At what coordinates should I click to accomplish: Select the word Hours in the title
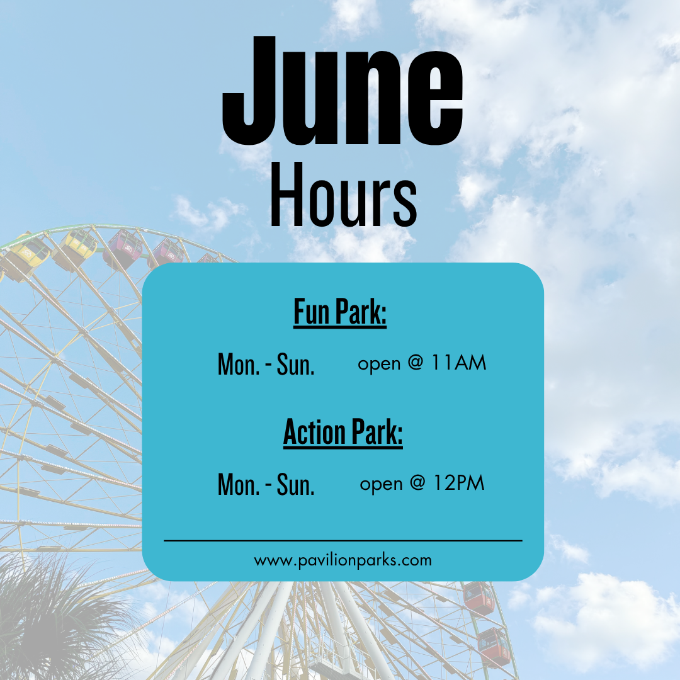[x=343, y=195]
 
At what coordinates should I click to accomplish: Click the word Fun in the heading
[x=312, y=311]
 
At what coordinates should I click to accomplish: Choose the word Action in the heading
[x=314, y=432]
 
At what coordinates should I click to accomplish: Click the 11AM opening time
[x=459, y=363]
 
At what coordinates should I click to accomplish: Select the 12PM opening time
[x=459, y=483]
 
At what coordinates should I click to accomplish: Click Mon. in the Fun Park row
[x=239, y=365]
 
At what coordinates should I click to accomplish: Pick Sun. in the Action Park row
[x=295, y=484]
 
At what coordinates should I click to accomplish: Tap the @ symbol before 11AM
[x=415, y=363]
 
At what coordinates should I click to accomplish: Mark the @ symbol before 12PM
[x=417, y=483]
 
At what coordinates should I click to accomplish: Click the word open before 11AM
[x=379, y=365]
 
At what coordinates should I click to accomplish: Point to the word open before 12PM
[x=381, y=485]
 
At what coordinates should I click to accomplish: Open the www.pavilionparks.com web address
[x=343, y=560]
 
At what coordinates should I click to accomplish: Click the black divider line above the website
[x=343, y=541]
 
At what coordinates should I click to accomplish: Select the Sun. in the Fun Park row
[x=295, y=365]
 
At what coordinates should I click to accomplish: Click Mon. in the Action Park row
[x=239, y=484]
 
